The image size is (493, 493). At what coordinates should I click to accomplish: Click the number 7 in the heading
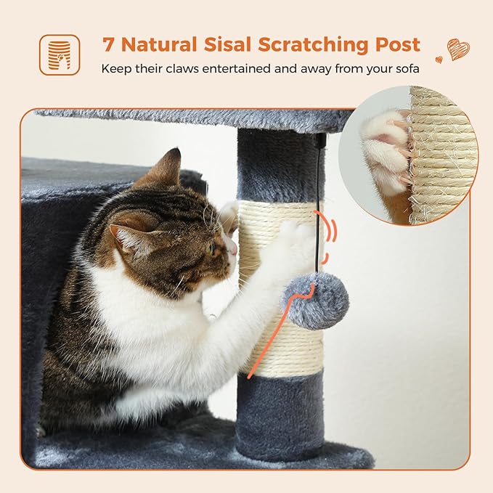109,44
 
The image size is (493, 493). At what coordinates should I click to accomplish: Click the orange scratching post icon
60,54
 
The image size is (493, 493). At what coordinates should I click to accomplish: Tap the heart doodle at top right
457,49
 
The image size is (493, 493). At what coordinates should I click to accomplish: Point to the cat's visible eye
210,247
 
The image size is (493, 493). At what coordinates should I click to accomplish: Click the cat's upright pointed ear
168,168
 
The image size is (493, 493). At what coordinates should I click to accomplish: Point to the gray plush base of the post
280,417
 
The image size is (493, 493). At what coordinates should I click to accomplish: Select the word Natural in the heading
158,44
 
